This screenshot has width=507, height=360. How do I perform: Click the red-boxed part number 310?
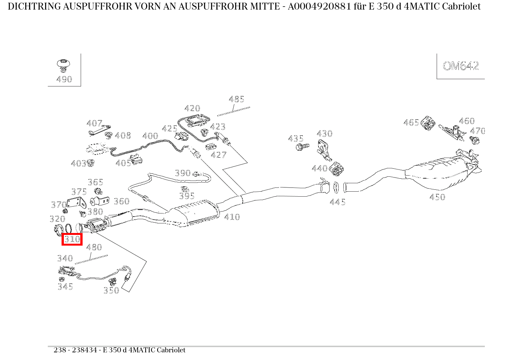coord(72,239)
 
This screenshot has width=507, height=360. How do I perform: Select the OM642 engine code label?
coord(461,66)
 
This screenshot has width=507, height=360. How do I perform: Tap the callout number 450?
coord(437,197)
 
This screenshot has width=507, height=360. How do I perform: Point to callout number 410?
coord(232,217)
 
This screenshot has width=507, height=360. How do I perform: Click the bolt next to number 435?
coord(302,147)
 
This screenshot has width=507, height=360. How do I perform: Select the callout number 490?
coord(64,79)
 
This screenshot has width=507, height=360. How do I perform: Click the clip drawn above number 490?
coord(63,64)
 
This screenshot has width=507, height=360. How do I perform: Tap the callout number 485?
coord(236,99)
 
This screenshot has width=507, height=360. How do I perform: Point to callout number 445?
coord(338,202)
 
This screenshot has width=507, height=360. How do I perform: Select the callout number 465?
coord(411,122)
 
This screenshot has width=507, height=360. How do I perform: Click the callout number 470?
coord(478,131)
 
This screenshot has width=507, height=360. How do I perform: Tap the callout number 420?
coord(192,109)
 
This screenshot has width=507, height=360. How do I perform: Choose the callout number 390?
coord(183,173)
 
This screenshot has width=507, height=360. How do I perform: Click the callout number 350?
coord(111,290)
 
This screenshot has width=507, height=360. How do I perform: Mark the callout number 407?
coord(94,123)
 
